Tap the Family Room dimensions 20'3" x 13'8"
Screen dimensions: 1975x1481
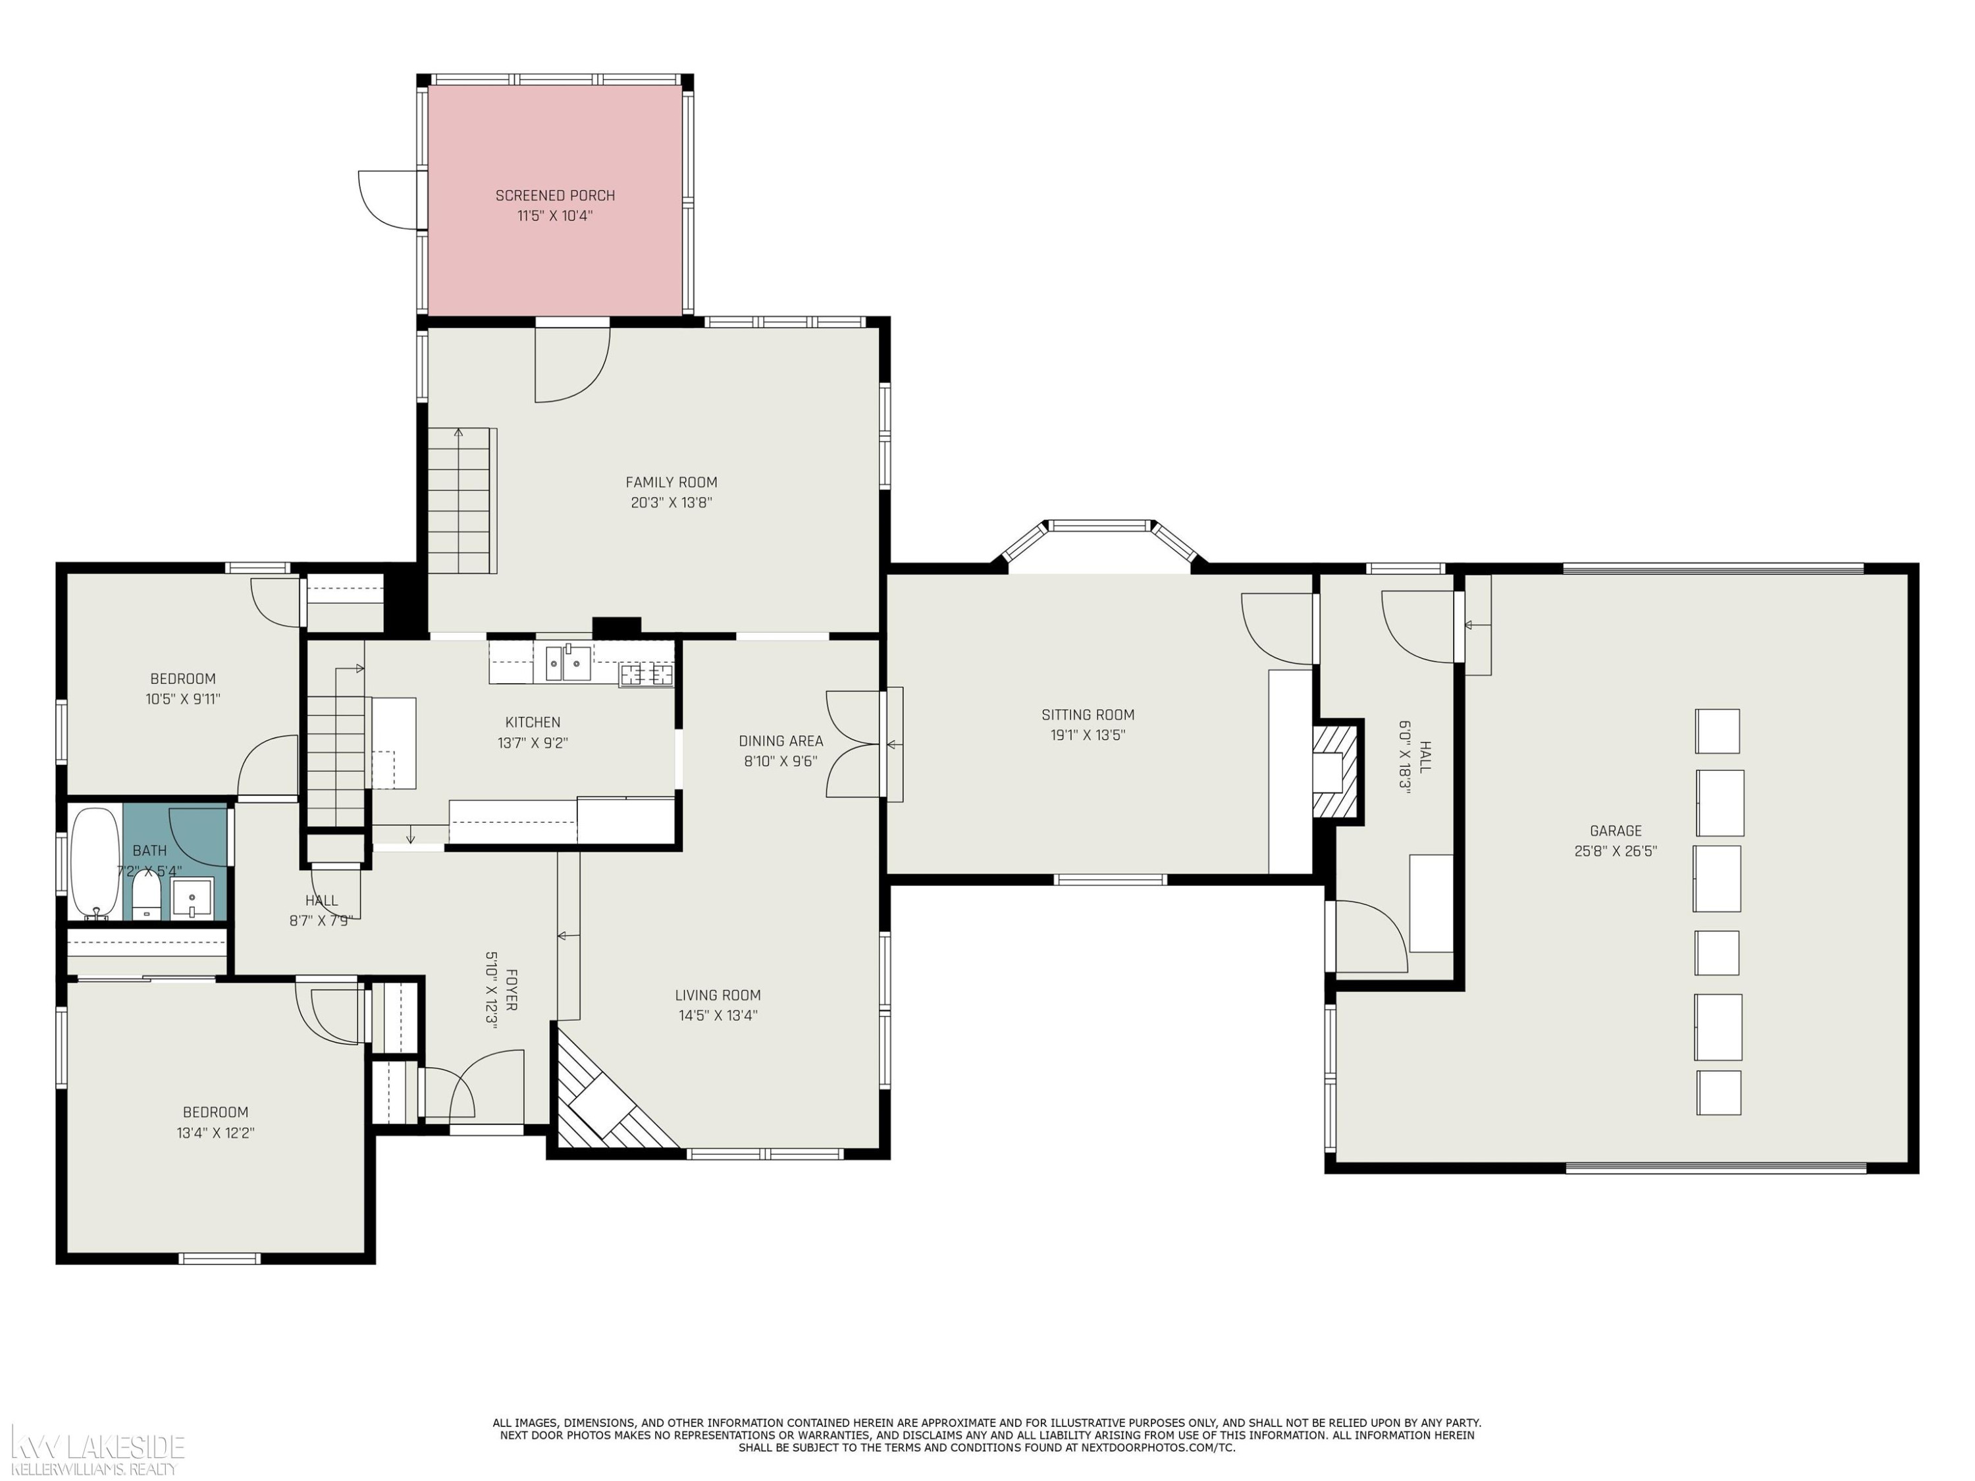[x=671, y=503]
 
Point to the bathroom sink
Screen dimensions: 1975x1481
[x=192, y=897]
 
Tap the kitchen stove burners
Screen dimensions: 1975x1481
[x=646, y=675]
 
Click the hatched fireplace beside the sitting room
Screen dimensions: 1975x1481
[x=1336, y=771]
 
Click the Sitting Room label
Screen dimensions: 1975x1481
[x=1088, y=715]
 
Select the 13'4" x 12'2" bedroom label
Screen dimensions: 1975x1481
[x=215, y=1133]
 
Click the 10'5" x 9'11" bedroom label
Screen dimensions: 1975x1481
[x=183, y=699]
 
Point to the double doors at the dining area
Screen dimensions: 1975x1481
[x=855, y=744]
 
